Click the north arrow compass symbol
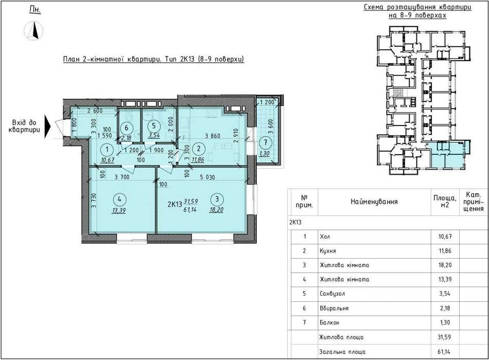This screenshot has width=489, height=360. [x=33, y=31]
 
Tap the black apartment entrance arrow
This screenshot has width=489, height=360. [x=47, y=126]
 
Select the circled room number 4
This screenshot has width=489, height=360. [x=120, y=199]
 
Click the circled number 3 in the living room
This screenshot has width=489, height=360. [x=217, y=199]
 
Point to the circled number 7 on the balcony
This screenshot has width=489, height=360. [x=266, y=143]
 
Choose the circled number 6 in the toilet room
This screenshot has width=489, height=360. [x=126, y=128]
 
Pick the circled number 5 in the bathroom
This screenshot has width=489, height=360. [x=154, y=125]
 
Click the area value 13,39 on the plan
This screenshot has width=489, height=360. [x=119, y=211]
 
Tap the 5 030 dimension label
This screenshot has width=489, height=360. [x=207, y=177]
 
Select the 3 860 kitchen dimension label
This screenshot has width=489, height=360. [x=213, y=136]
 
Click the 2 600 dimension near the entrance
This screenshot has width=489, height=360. [x=95, y=111]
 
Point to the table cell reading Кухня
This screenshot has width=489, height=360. [x=328, y=251]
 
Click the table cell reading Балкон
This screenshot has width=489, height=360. [x=329, y=322]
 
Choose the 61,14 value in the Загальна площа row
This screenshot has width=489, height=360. [x=445, y=352]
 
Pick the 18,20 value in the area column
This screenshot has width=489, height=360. [x=445, y=265]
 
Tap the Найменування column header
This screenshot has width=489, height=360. [x=374, y=202]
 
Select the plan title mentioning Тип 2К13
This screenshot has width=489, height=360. [x=153, y=59]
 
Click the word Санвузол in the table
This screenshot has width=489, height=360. [x=333, y=294]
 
